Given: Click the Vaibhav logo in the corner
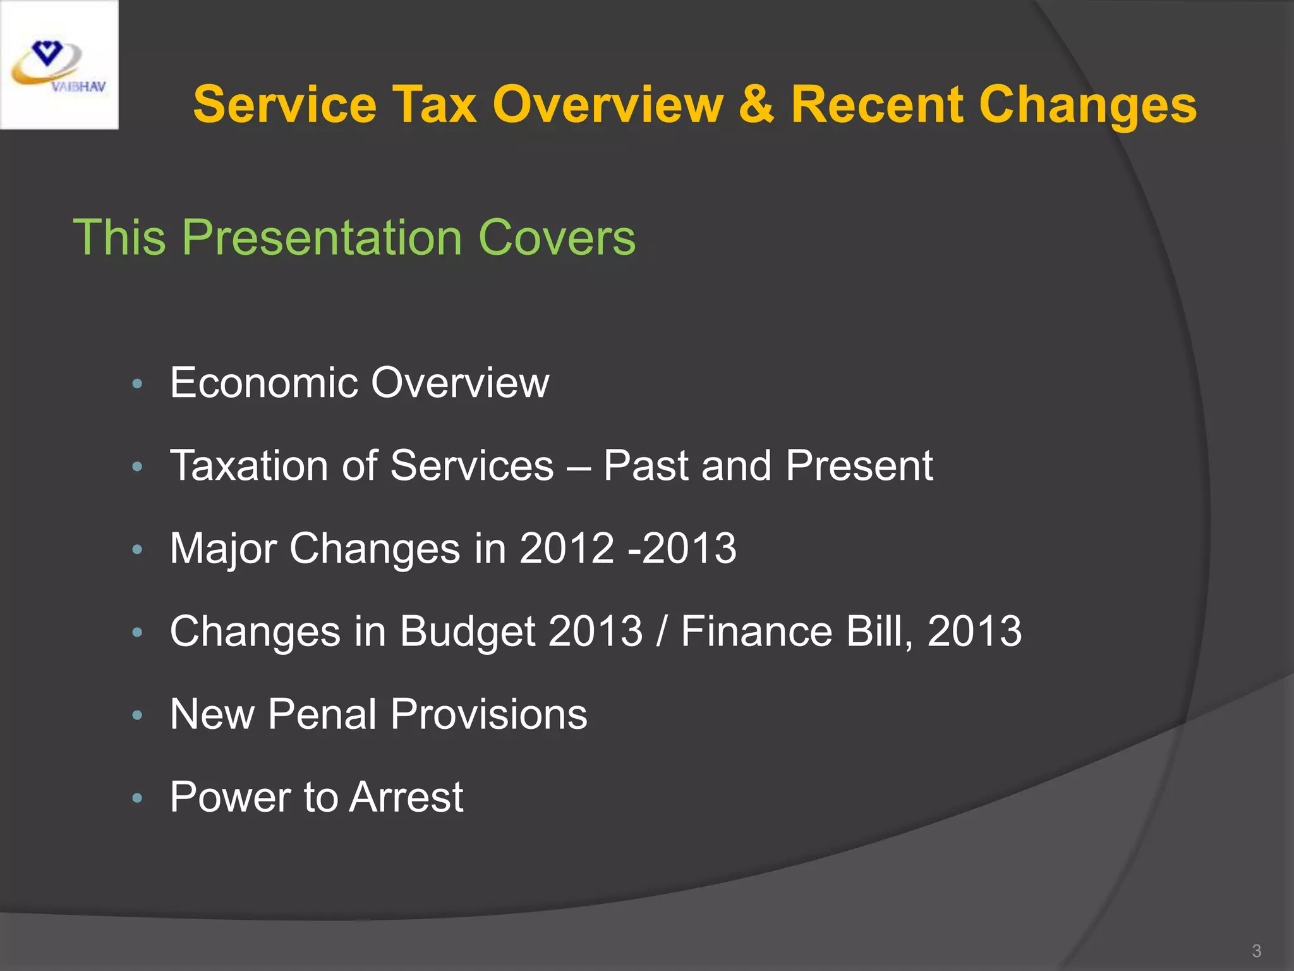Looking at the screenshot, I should point(59,65).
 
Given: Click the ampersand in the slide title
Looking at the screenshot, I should point(756,104).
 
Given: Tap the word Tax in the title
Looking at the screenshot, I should point(434,104).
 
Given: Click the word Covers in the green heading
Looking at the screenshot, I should point(557,238).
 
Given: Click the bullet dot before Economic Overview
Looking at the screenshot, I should point(138,384).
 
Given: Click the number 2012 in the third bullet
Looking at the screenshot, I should point(567,548).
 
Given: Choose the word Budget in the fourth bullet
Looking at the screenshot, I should point(468,632).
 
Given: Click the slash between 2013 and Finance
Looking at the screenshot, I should point(662,632).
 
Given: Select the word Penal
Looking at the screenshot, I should point(322,714).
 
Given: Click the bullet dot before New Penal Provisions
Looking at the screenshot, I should point(138,716).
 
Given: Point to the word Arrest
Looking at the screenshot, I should point(406,797).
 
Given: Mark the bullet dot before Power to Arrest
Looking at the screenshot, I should point(138,798).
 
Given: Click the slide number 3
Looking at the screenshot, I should point(1256,951).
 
